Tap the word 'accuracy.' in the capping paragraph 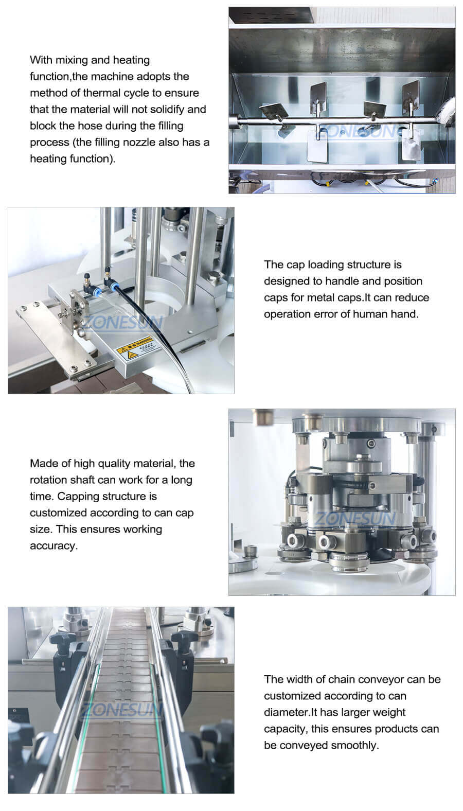[x=54, y=545]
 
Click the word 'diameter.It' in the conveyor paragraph [x=290, y=712]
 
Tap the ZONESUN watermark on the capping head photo [x=355, y=518]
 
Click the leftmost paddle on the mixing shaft [x=272, y=111]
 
